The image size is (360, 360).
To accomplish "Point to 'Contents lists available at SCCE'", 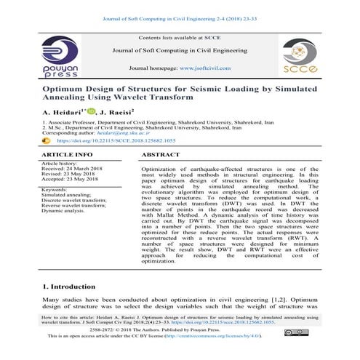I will click(179, 37).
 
